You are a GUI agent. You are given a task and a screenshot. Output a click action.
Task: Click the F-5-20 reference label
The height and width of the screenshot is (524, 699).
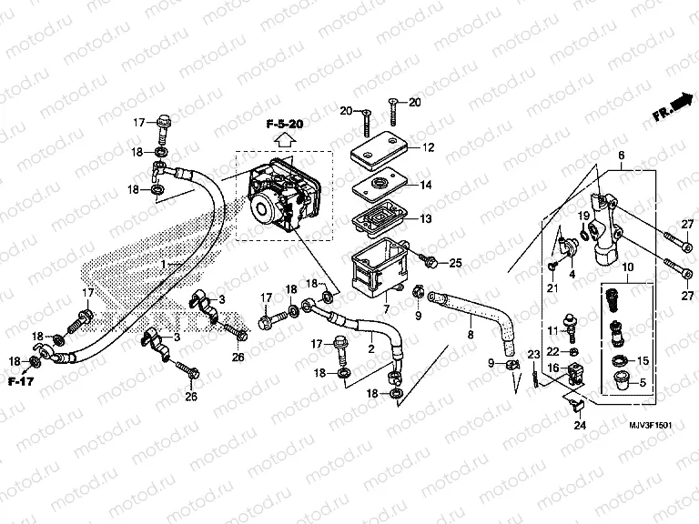click(284, 123)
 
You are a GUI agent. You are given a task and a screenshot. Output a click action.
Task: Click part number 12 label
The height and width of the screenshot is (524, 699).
click(428, 147)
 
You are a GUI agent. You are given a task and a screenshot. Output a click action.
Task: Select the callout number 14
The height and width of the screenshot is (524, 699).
click(428, 186)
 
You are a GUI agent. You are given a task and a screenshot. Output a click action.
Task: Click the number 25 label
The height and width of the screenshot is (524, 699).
click(456, 263)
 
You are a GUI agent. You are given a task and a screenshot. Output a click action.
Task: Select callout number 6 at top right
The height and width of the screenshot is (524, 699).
click(622, 156)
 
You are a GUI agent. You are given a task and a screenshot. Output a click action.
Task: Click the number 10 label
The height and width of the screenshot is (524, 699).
click(627, 266)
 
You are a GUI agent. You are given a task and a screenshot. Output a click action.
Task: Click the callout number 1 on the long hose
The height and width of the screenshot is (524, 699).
click(164, 263)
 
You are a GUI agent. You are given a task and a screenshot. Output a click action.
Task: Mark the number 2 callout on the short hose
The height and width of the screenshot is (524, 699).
click(370, 348)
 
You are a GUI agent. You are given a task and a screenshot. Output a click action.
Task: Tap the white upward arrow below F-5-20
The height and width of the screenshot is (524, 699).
click(284, 139)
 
